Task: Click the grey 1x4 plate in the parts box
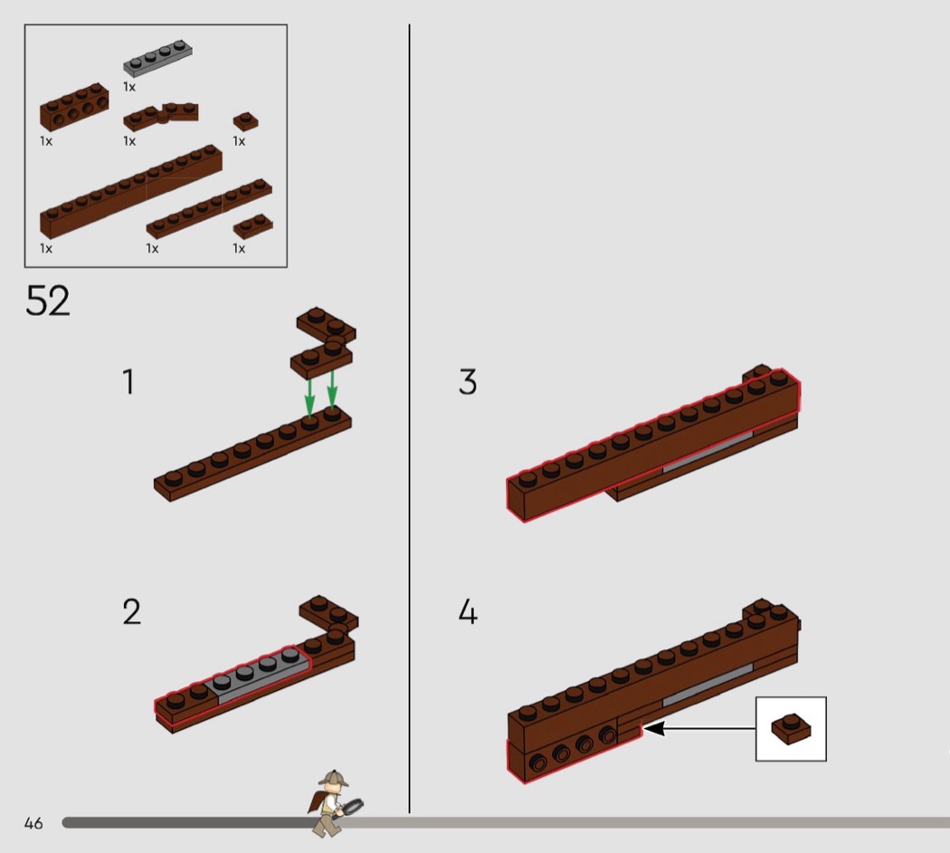pyautogui.click(x=157, y=58)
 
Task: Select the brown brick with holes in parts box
pyautogui.click(x=74, y=107)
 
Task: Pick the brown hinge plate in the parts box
pyautogui.click(x=160, y=116)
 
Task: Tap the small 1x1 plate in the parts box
pyautogui.click(x=245, y=121)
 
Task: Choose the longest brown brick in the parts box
pyautogui.click(x=131, y=190)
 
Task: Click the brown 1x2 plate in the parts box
pyautogui.click(x=252, y=225)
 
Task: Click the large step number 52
pyautogui.click(x=48, y=301)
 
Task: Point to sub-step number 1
pyautogui.click(x=128, y=381)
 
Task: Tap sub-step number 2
pyautogui.click(x=131, y=611)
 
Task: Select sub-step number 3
pyautogui.click(x=468, y=381)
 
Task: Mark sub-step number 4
pyautogui.click(x=468, y=611)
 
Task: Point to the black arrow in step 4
pyautogui.click(x=698, y=728)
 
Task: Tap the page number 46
pyautogui.click(x=33, y=823)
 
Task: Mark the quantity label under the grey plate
pyautogui.click(x=129, y=87)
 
